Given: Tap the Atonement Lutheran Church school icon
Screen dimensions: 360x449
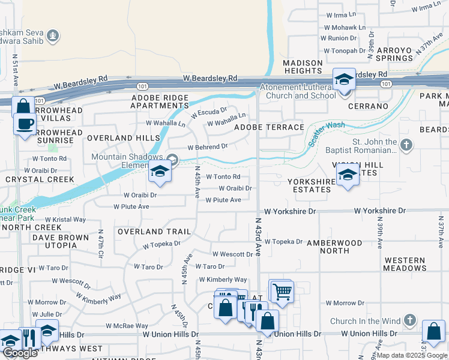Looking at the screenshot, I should pyautogui.click(x=345, y=79).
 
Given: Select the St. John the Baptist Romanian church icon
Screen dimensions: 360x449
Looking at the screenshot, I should pyautogui.click(x=406, y=145).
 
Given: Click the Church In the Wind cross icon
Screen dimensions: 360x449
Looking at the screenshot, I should pyautogui.click(x=410, y=320).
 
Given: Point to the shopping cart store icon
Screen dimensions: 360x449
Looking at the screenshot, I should pyautogui.click(x=281, y=292).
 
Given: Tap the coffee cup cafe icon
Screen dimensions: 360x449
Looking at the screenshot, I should pyautogui.click(x=25, y=124).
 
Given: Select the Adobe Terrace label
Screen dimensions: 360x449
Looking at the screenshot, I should pyautogui.click(x=269, y=127).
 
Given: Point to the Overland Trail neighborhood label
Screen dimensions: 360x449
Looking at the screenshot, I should pyautogui.click(x=154, y=232).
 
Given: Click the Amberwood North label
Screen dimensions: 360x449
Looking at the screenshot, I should pyautogui.click(x=334, y=247).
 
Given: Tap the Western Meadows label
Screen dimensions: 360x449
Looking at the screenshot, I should pyautogui.click(x=405, y=264).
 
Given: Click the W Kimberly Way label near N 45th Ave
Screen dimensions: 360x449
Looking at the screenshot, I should pyautogui.click(x=223, y=280).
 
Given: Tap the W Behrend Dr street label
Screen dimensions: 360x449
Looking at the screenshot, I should pyautogui.click(x=208, y=146).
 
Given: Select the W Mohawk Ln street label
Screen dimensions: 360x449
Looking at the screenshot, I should pyautogui.click(x=345, y=27).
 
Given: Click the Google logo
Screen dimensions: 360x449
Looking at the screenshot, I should pyautogui.click(x=20, y=353).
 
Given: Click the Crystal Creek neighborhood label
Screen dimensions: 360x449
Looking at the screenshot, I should pyautogui.click(x=40, y=179).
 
